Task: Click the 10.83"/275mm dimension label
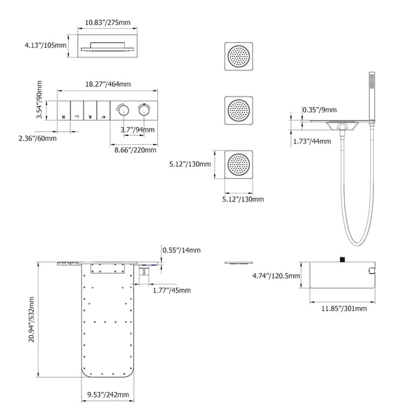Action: tap(107, 23)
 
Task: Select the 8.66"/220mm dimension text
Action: tap(135, 149)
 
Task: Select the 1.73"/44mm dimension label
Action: tap(312, 141)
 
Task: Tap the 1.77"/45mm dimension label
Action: tap(172, 290)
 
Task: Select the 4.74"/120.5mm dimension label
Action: tap(276, 276)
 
